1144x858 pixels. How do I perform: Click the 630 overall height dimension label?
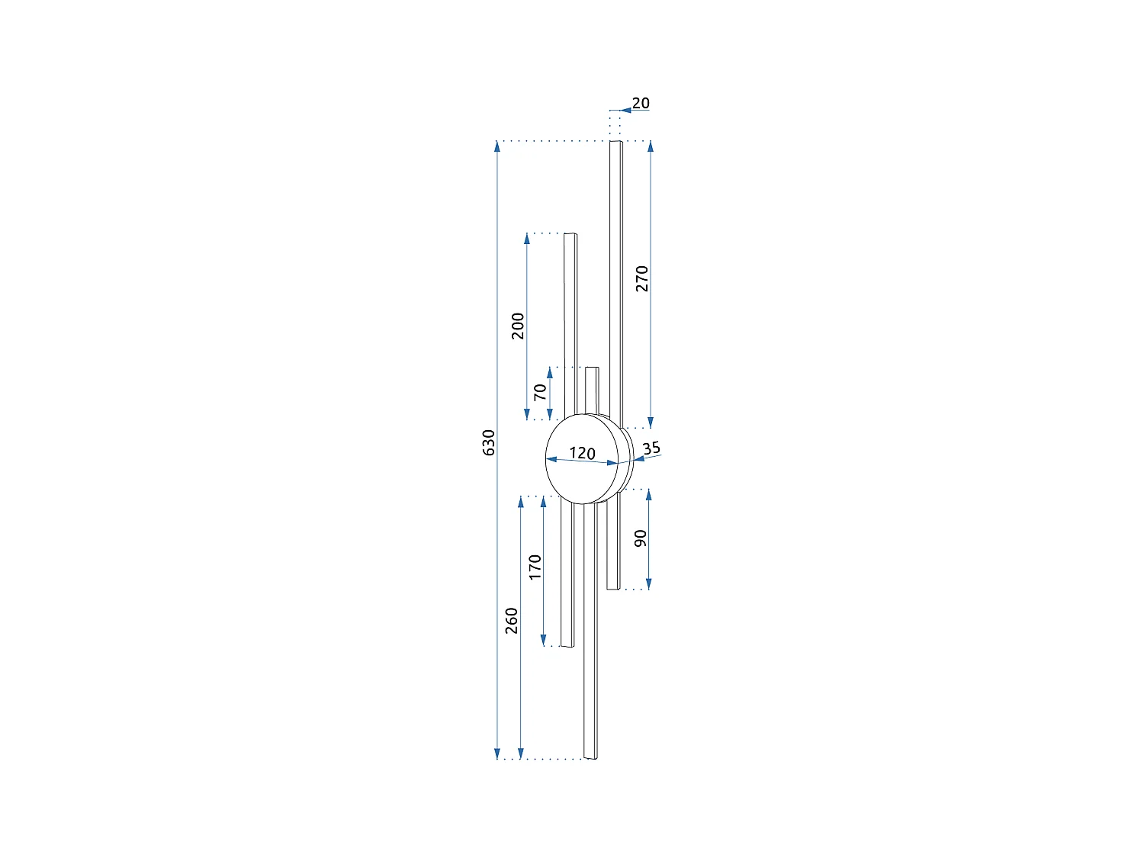488,442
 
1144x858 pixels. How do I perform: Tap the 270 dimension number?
641,278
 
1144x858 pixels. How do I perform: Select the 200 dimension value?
518,326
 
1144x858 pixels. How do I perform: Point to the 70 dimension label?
541,392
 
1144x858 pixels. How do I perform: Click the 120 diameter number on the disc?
582,453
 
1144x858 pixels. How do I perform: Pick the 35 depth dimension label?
651,448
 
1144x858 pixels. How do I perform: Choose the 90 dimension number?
640,538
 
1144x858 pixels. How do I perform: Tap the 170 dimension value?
535,567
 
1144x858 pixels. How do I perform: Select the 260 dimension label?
511,621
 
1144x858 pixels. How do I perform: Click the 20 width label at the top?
641,103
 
